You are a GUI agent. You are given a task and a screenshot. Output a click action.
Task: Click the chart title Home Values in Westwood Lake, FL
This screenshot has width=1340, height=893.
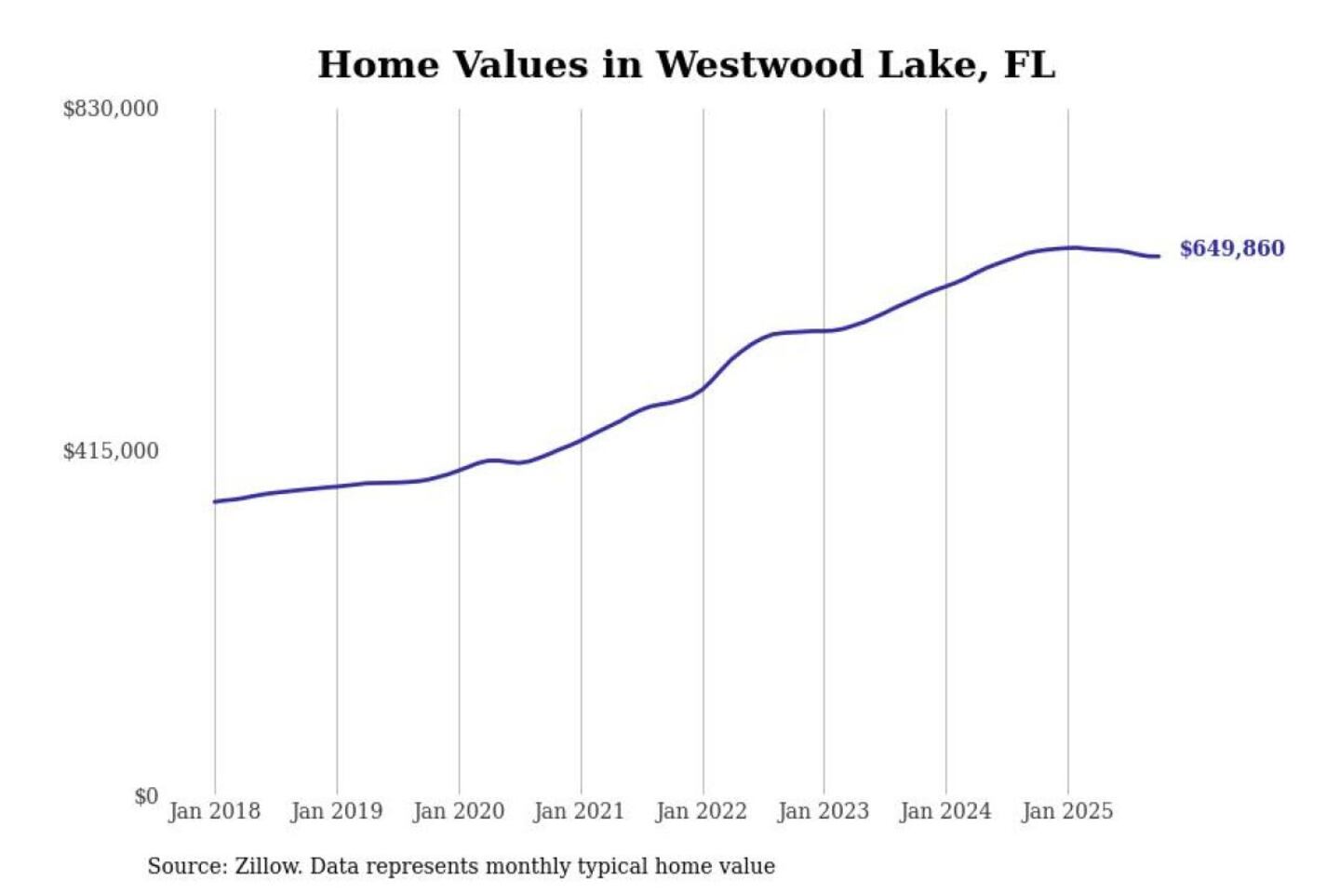tap(686, 65)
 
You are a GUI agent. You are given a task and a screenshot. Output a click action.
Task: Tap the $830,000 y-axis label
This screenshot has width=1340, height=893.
tap(111, 109)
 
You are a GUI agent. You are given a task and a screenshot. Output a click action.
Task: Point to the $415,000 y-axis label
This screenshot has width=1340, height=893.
tap(111, 451)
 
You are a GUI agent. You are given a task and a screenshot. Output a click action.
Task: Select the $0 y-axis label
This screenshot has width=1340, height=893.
tap(146, 796)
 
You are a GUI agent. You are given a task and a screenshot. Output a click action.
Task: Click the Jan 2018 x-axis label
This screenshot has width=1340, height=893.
tap(215, 811)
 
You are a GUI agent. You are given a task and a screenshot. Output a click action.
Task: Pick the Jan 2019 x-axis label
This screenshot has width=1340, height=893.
tap(337, 811)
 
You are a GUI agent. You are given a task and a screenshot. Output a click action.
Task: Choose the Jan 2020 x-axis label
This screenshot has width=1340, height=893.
tap(459, 811)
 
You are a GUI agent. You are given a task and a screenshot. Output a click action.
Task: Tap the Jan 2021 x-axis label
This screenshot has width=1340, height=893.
tap(579, 811)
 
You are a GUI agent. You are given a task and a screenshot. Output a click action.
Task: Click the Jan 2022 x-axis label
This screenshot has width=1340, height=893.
tap(702, 811)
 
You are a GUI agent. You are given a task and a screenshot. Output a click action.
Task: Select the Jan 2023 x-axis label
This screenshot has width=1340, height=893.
tap(824, 811)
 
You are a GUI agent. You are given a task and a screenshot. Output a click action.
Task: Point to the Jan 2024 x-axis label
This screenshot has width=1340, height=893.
tap(945, 811)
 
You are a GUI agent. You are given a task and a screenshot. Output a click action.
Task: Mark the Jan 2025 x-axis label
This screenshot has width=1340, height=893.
tap(1067, 811)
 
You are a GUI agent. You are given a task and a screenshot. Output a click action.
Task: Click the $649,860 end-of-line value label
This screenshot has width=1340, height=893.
tap(1232, 248)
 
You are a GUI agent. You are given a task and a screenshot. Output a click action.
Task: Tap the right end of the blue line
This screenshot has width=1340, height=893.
tap(1159, 256)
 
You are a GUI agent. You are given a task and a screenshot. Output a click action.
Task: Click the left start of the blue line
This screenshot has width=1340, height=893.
tap(215, 501)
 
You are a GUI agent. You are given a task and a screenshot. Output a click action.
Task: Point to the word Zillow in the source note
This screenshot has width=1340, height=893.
tap(267, 866)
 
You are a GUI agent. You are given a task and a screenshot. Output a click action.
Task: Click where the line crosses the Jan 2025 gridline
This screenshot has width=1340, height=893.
tap(1068, 247)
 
